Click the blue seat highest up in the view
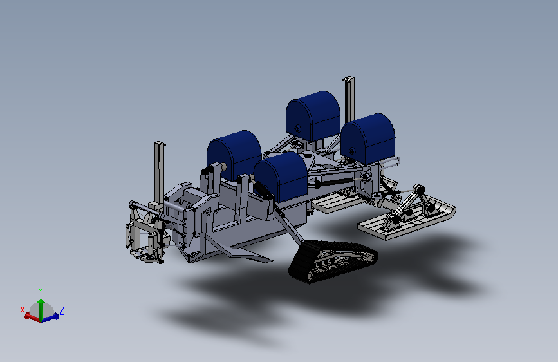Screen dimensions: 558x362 click(313, 116)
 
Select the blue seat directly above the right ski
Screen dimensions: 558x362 click(368, 138)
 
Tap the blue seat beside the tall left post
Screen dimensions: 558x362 click(234, 155)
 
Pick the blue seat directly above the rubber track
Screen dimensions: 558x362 click(281, 176)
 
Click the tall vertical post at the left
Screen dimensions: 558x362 click(160, 173)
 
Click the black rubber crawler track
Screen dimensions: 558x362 click(332, 261)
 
